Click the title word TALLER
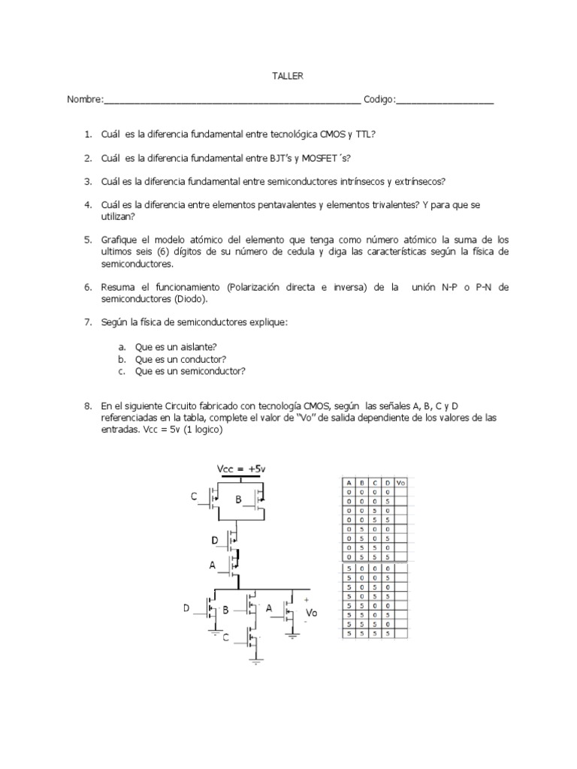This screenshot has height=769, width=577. tap(287, 76)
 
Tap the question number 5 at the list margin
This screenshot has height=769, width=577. tap(87, 240)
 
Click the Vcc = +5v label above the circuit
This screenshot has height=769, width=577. tap(241, 469)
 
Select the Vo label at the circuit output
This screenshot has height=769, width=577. tap(312, 613)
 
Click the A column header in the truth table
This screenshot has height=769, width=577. tap(349, 482)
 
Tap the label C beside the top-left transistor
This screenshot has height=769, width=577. tap(194, 496)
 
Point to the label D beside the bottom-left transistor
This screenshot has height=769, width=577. tap(187, 609)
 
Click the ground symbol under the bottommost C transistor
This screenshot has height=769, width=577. tap(256, 662)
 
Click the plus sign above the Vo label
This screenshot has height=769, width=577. tap(305, 600)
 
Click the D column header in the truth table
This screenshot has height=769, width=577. tap(387, 482)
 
